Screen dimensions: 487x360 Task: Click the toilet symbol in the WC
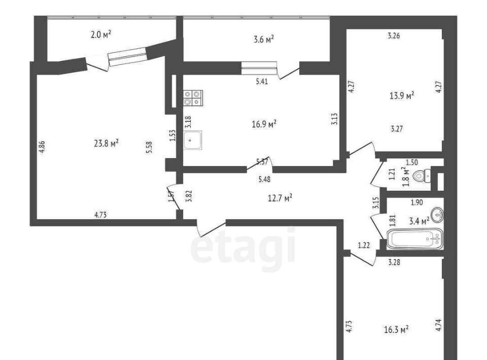(422, 176)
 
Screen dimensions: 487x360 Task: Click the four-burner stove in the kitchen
(193, 98)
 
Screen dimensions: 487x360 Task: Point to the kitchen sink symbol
(193, 140)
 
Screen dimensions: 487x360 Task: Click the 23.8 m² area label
(106, 143)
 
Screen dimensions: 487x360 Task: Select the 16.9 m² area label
(264, 124)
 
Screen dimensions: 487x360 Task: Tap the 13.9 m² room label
(402, 95)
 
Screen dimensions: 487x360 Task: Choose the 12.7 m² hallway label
(280, 198)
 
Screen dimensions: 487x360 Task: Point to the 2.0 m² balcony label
(101, 34)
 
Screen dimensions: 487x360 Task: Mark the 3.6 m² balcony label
(264, 40)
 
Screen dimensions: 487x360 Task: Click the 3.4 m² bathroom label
(420, 221)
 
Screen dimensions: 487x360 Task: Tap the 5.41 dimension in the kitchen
(262, 82)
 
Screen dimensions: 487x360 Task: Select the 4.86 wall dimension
(42, 147)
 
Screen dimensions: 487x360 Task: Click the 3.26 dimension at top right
(394, 35)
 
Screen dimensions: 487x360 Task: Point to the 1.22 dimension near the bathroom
(364, 245)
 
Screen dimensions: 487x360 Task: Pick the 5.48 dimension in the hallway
(265, 179)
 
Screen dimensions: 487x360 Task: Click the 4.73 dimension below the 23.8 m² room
(100, 215)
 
